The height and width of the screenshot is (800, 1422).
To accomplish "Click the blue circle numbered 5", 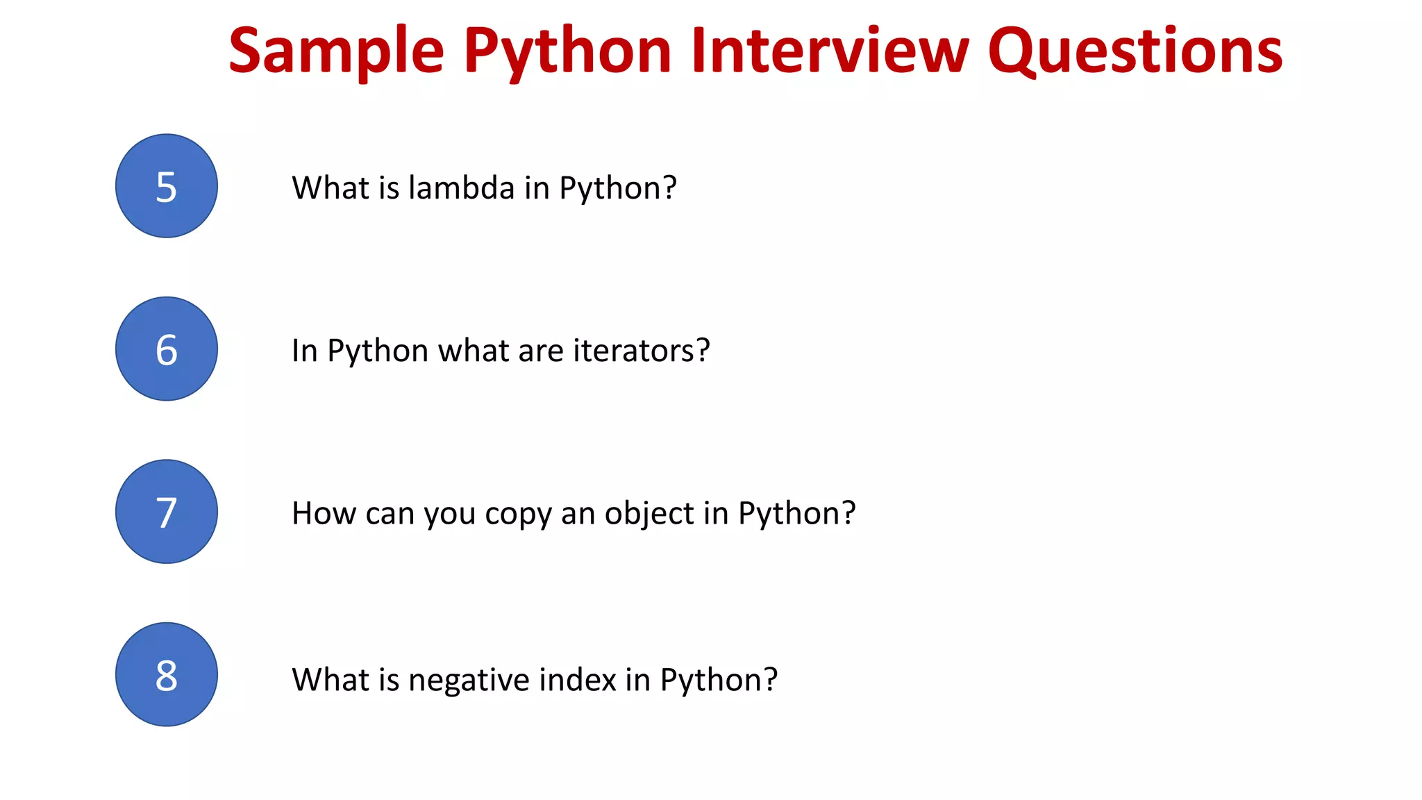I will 167,186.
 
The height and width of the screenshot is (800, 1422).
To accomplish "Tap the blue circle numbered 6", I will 167,349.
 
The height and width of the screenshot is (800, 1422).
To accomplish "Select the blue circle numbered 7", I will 167,512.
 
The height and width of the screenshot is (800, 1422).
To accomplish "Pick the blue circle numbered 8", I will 167,674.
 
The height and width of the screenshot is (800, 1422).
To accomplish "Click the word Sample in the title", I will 336,52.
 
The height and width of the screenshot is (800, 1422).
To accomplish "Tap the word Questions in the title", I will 1135,52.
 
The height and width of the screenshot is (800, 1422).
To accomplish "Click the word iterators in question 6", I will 642,351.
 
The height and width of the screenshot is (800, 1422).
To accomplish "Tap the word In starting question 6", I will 304,351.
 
